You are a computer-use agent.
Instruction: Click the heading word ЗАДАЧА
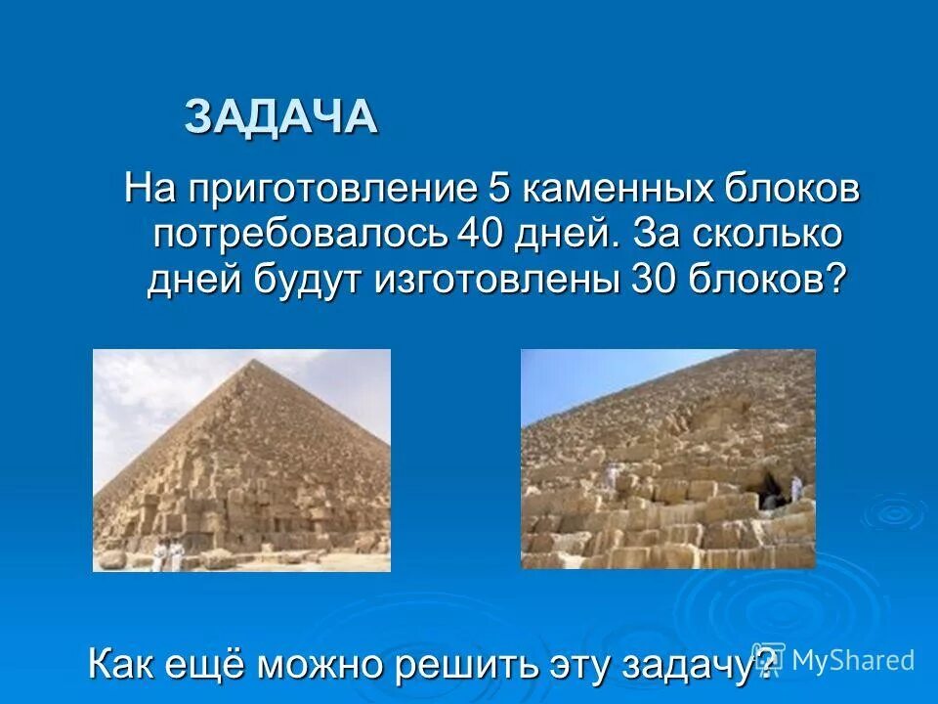point(281,117)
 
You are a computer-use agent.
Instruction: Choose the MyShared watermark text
point(851,659)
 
